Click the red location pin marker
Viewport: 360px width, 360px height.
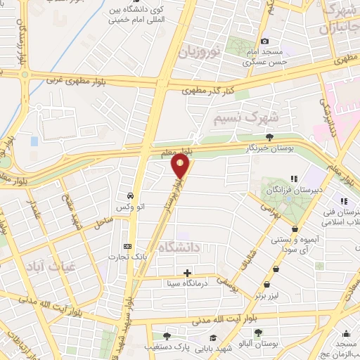coord(181,167)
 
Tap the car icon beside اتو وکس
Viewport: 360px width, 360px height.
coord(131,195)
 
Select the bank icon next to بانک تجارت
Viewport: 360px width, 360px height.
coord(127,246)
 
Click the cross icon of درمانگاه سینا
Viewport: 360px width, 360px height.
coord(187,273)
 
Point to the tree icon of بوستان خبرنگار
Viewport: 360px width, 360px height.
coord(270,138)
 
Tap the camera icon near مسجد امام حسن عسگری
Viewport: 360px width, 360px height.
coord(264,41)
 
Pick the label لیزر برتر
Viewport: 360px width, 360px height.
coord(266,297)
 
